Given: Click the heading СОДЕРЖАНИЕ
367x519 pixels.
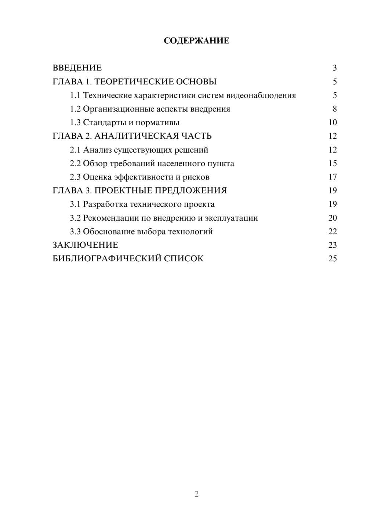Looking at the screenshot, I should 196,41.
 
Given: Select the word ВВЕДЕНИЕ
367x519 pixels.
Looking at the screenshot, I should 77,68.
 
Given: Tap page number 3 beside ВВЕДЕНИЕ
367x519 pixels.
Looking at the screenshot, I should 335,68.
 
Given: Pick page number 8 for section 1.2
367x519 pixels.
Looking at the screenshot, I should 335,109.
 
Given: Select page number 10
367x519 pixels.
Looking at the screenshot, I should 333,123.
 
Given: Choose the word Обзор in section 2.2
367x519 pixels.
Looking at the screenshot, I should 95,163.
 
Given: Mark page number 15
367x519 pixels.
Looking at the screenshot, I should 333,163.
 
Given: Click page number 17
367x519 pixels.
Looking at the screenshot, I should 333,177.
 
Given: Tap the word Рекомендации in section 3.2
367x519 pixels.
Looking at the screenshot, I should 111,218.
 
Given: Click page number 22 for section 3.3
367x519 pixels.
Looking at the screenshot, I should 333,232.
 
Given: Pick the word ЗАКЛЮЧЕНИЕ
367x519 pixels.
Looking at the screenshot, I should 86,245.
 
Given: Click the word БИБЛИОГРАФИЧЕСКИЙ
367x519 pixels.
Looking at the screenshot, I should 107,259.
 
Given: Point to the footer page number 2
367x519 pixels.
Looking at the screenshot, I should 196,494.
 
